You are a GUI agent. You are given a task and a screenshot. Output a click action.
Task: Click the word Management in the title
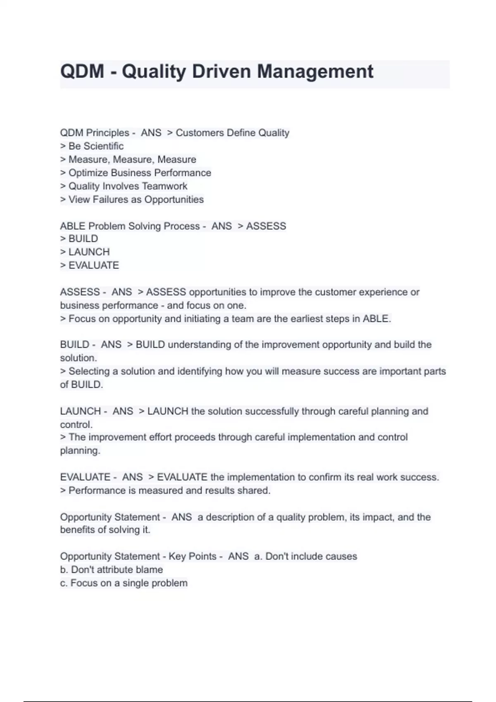tap(315, 71)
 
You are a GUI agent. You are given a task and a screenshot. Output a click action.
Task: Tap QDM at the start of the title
tap(82, 71)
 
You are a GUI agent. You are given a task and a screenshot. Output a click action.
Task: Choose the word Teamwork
tap(165, 186)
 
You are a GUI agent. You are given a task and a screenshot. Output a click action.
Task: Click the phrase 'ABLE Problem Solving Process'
tap(130, 226)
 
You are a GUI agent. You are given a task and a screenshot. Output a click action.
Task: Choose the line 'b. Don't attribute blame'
tap(112, 570)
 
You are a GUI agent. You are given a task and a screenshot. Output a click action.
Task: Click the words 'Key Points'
tap(192, 556)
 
